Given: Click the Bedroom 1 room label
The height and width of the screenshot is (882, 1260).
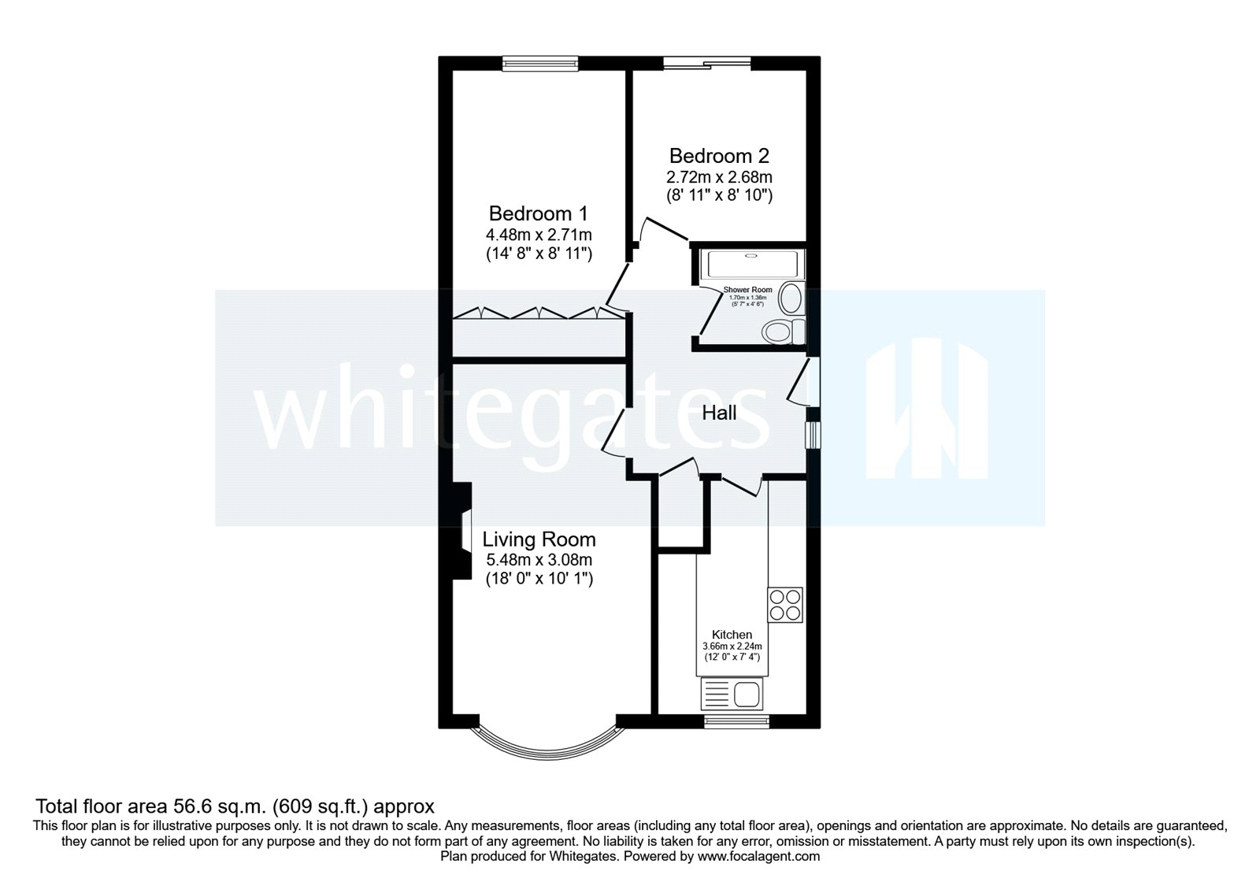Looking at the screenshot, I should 539,213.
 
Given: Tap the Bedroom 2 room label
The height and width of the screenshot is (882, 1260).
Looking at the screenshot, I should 719,156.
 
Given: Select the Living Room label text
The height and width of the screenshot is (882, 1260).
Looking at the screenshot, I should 539,539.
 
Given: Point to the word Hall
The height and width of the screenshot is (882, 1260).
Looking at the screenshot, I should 719,413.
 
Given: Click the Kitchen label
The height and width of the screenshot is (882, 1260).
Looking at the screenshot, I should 732,635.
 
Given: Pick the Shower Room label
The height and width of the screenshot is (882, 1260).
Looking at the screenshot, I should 747,290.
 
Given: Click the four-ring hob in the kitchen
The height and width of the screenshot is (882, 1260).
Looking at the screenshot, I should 785,605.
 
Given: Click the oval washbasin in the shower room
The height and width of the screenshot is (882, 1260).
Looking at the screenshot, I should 791,299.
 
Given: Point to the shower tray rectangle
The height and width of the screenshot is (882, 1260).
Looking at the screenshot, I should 752,264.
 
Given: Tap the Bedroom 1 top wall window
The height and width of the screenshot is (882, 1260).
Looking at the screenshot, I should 540,63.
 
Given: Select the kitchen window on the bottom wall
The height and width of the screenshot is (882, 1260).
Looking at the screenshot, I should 736,720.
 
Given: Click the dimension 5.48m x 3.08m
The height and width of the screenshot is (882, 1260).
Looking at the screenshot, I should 539,561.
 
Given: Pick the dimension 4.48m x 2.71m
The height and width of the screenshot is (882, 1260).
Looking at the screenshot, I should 539,235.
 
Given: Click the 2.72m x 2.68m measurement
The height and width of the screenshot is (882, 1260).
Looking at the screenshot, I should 719,177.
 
